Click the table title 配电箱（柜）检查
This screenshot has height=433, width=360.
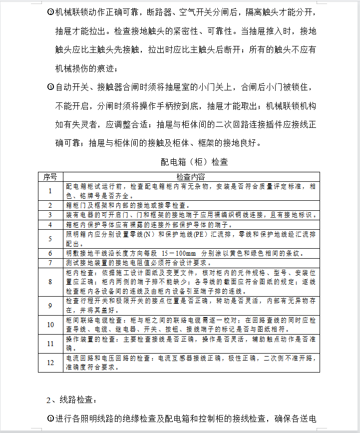point(194,162)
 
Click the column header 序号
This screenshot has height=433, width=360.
point(50,177)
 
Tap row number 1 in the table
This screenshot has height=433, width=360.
point(50,190)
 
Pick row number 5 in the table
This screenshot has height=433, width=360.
point(50,238)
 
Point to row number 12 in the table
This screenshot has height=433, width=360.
point(50,363)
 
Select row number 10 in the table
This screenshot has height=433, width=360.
point(50,325)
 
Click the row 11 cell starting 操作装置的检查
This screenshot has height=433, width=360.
point(190,343)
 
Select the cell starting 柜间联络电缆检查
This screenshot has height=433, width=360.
point(190,325)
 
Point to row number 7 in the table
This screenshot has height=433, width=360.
point(50,262)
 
